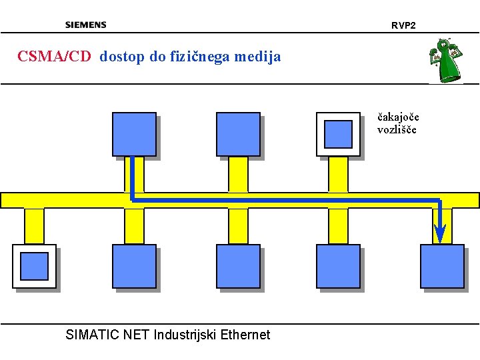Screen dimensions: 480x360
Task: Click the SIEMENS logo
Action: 85,25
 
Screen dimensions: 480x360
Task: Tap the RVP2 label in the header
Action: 403,25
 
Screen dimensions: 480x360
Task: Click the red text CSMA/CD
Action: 53,57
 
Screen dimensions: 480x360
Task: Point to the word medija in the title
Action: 259,57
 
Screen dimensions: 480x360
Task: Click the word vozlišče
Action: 397,129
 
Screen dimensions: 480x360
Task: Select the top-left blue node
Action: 134,134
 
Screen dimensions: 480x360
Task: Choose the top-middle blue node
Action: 238,134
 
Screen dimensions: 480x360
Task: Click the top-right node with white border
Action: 338,134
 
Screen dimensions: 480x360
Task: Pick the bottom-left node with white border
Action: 34,266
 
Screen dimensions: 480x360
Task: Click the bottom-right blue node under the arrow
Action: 442,266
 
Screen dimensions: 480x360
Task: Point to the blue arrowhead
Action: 439,233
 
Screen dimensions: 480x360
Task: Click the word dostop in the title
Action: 123,57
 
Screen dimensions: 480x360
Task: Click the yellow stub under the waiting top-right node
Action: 338,175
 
